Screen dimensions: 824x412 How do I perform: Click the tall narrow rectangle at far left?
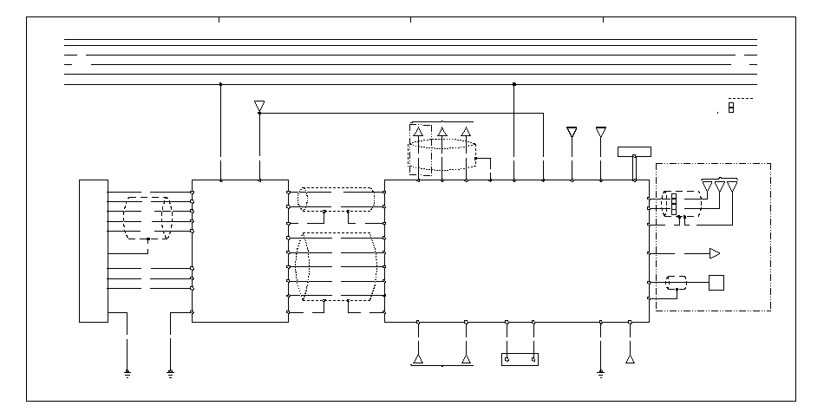coord(93,251)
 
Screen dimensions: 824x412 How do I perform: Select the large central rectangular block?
coord(516,251)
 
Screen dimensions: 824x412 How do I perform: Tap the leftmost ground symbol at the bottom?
coord(128,374)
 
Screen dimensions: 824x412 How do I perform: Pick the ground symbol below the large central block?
coord(600,374)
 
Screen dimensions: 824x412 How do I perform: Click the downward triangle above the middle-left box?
coord(259,107)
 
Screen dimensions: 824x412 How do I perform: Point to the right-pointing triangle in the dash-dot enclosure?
coord(715,253)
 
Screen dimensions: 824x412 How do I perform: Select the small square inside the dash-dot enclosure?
coord(717,282)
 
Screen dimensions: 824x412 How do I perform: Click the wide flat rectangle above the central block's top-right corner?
coord(639,152)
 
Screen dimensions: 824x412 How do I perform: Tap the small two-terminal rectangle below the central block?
coord(520,359)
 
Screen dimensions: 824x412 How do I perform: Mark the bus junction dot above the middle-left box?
coord(220,84)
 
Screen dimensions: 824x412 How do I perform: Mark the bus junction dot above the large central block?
coord(514,84)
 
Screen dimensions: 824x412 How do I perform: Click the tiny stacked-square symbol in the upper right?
coord(731,108)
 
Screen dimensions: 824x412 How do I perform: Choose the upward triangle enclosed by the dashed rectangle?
coord(418,132)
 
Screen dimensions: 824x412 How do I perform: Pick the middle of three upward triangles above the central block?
coord(442,132)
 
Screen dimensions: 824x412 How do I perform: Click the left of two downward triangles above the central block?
coord(572,132)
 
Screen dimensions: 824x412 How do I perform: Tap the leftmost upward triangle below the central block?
coord(418,358)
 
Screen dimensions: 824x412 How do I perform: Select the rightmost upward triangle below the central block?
coord(630,357)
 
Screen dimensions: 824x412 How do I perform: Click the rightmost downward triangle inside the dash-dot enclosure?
coord(732,187)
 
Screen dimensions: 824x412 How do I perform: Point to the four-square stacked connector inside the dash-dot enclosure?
coord(673,203)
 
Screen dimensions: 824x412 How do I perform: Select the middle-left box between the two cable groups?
coord(239,251)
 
